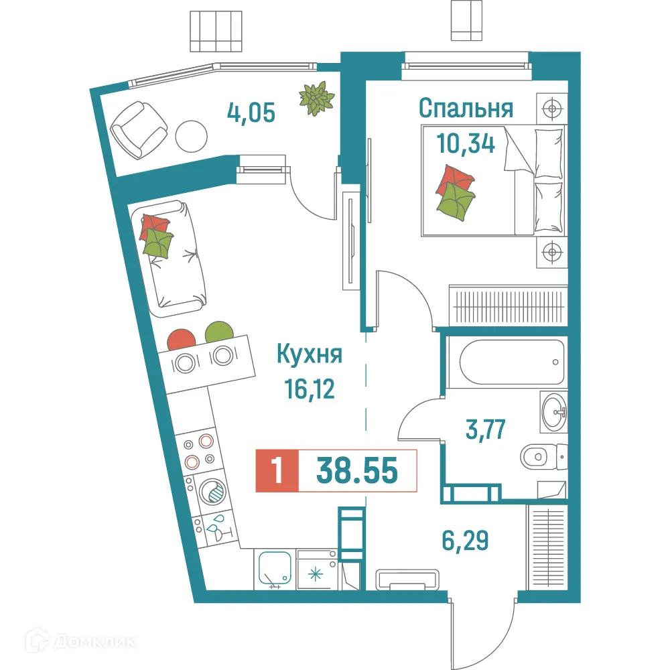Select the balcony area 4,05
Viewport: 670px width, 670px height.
pos(251,113)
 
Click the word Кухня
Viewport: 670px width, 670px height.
pos(309,354)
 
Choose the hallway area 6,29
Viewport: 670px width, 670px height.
pos(464,538)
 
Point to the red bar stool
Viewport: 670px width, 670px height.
pos(181,338)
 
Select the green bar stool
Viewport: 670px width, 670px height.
pos(219,332)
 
